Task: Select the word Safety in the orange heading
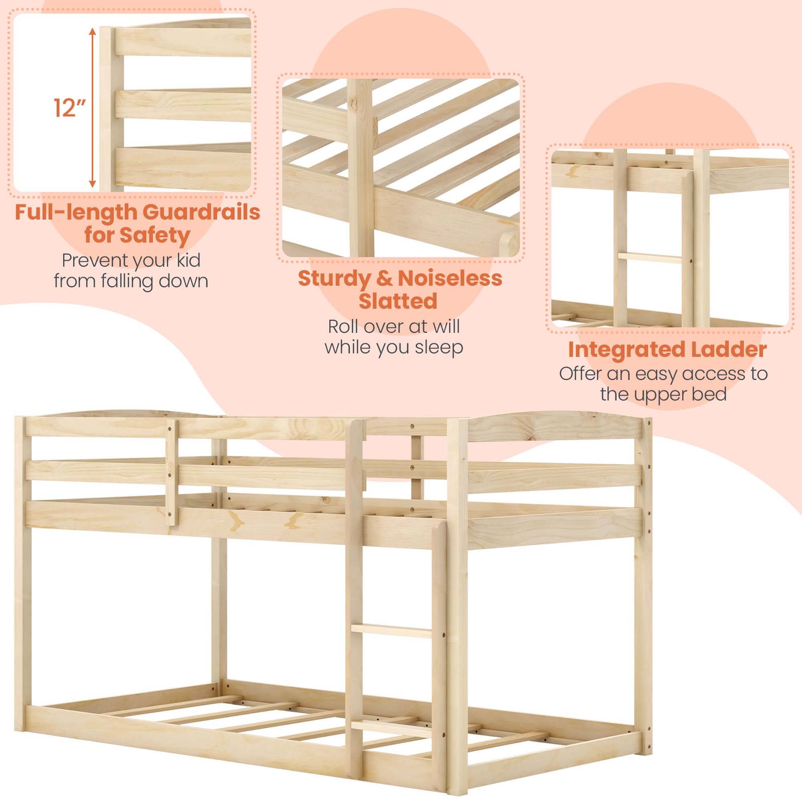point(154,235)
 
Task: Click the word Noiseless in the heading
point(450,279)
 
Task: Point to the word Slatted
point(398,302)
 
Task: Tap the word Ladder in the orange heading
point(731,350)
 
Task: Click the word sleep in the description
point(439,347)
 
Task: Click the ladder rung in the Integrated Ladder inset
point(649,258)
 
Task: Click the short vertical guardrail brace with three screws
point(172,472)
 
